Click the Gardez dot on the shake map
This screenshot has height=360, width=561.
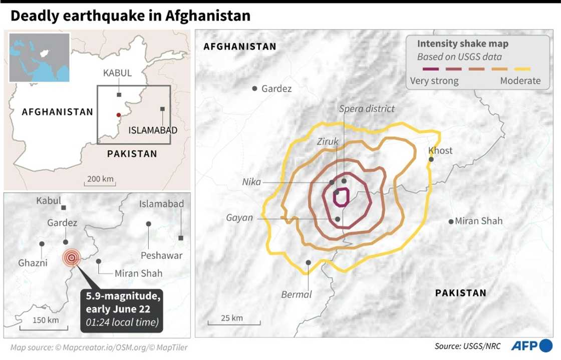[254, 89]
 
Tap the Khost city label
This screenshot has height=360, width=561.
[440, 151]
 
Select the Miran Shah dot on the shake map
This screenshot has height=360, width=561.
[451, 221]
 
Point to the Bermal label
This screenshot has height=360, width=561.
[297, 294]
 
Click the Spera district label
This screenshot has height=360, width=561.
[367, 109]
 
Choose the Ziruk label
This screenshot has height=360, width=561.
[328, 142]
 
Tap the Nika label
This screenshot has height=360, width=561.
[251, 182]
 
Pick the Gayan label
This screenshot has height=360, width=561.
[239, 218]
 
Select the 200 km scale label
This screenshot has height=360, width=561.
[100, 179]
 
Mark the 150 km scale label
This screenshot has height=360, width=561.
[45, 320]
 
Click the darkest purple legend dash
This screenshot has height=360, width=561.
[431, 69]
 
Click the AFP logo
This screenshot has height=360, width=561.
[531, 345]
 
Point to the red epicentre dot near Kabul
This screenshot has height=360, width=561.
[118, 115]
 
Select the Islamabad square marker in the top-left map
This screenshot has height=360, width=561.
[162, 109]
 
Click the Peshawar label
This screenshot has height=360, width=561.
[161, 255]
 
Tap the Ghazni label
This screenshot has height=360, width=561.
[33, 263]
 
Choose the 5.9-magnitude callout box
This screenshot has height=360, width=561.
[122, 310]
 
